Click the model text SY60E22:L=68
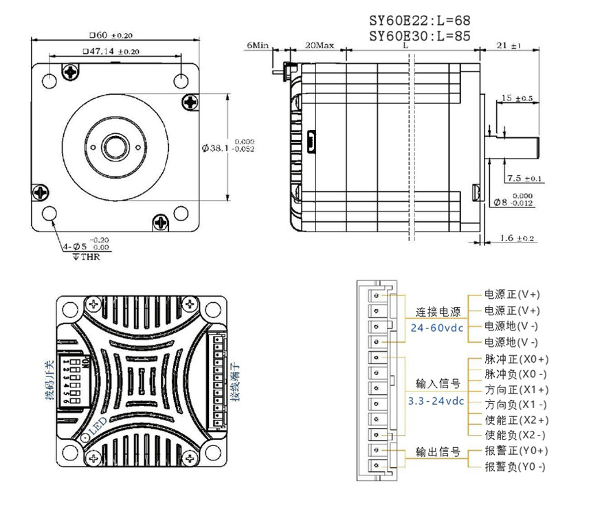[419, 21]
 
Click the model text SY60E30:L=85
[419, 36]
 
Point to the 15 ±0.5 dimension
[517, 98]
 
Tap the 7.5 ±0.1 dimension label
[524, 179]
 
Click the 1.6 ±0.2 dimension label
[516, 238]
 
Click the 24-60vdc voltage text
[437, 328]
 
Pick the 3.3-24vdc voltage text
[436, 401]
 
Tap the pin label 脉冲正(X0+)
[516, 359]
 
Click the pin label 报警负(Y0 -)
[515, 466]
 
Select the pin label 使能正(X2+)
[516, 420]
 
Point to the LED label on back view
[98, 424]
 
